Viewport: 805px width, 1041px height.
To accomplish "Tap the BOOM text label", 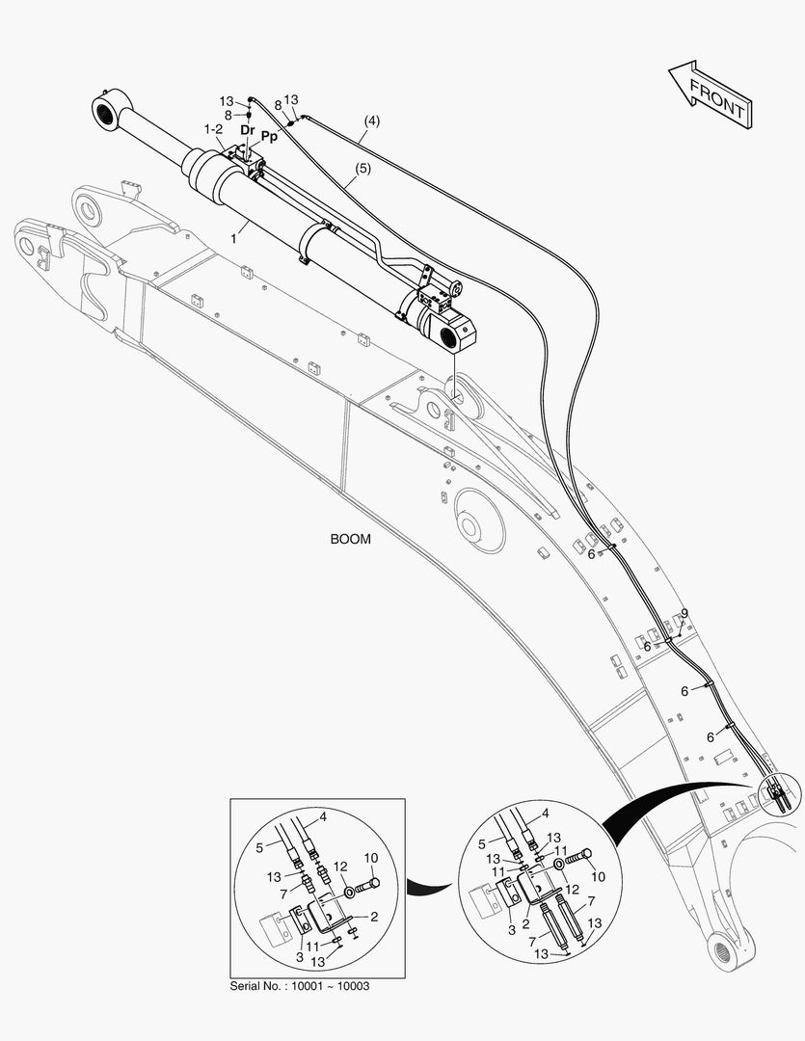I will point(350,540).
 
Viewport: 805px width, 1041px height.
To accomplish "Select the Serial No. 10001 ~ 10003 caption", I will point(300,986).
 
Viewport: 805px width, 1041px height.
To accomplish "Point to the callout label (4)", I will point(371,121).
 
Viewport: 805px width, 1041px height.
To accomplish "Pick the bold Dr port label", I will point(248,129).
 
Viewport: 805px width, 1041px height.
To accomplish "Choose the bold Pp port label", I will point(270,138).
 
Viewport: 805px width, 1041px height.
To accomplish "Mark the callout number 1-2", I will point(214,128).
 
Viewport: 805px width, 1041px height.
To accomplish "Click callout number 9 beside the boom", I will point(684,614).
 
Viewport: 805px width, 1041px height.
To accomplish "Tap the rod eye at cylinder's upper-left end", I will point(105,108).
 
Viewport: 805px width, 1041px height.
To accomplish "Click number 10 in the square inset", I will point(369,857).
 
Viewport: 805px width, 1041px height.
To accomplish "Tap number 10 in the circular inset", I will point(598,876).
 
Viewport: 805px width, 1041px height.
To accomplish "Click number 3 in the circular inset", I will point(510,929).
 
